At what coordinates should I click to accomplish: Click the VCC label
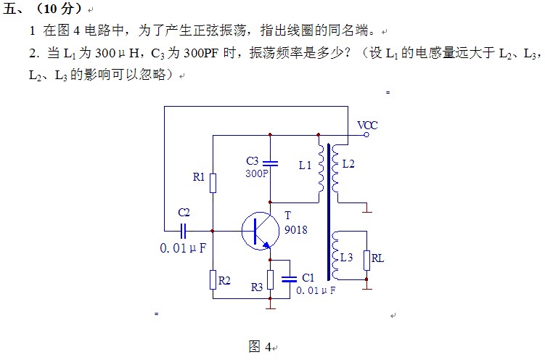(x=367, y=125)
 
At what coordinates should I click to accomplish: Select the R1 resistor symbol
(x=213, y=182)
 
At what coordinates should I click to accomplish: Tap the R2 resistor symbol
(x=213, y=279)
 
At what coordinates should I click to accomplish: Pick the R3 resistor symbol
(x=270, y=279)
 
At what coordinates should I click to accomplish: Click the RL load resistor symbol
(x=366, y=260)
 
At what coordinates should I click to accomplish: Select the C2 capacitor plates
(x=184, y=231)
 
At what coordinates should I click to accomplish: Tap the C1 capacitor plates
(x=290, y=278)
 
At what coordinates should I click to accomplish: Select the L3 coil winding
(x=335, y=255)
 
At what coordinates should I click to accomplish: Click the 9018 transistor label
(x=295, y=230)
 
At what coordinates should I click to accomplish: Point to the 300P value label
(x=257, y=174)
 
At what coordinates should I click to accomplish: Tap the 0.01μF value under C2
(x=182, y=248)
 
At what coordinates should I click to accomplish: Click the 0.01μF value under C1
(x=316, y=290)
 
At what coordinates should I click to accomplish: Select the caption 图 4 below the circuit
(x=259, y=346)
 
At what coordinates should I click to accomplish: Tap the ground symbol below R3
(x=270, y=305)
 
